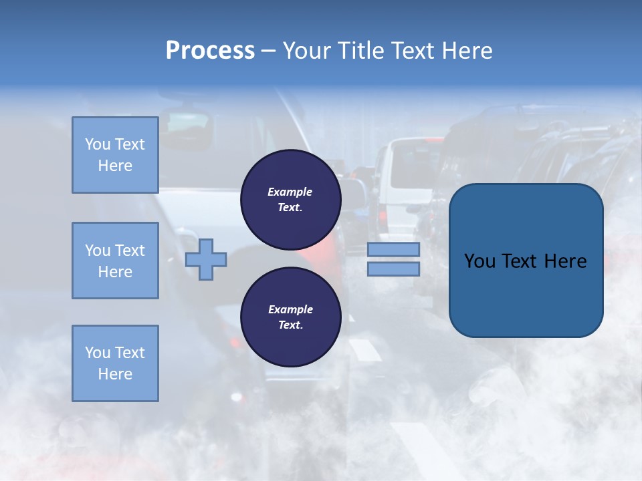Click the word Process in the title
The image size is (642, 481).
tap(210, 51)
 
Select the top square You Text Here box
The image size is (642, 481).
tap(115, 155)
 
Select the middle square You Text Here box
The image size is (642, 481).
tap(115, 261)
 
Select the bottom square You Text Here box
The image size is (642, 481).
tap(115, 363)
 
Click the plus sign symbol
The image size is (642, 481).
tap(206, 259)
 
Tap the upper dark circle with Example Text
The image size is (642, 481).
tap(290, 200)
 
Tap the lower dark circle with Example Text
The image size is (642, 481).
tap(290, 317)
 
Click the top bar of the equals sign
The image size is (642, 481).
tap(393, 250)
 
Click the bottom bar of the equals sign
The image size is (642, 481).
tap(393, 269)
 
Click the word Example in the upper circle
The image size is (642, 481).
tap(290, 192)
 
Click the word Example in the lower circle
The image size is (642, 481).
tap(290, 310)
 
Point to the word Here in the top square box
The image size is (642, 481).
tap(115, 166)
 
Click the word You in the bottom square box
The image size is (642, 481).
tap(98, 353)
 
